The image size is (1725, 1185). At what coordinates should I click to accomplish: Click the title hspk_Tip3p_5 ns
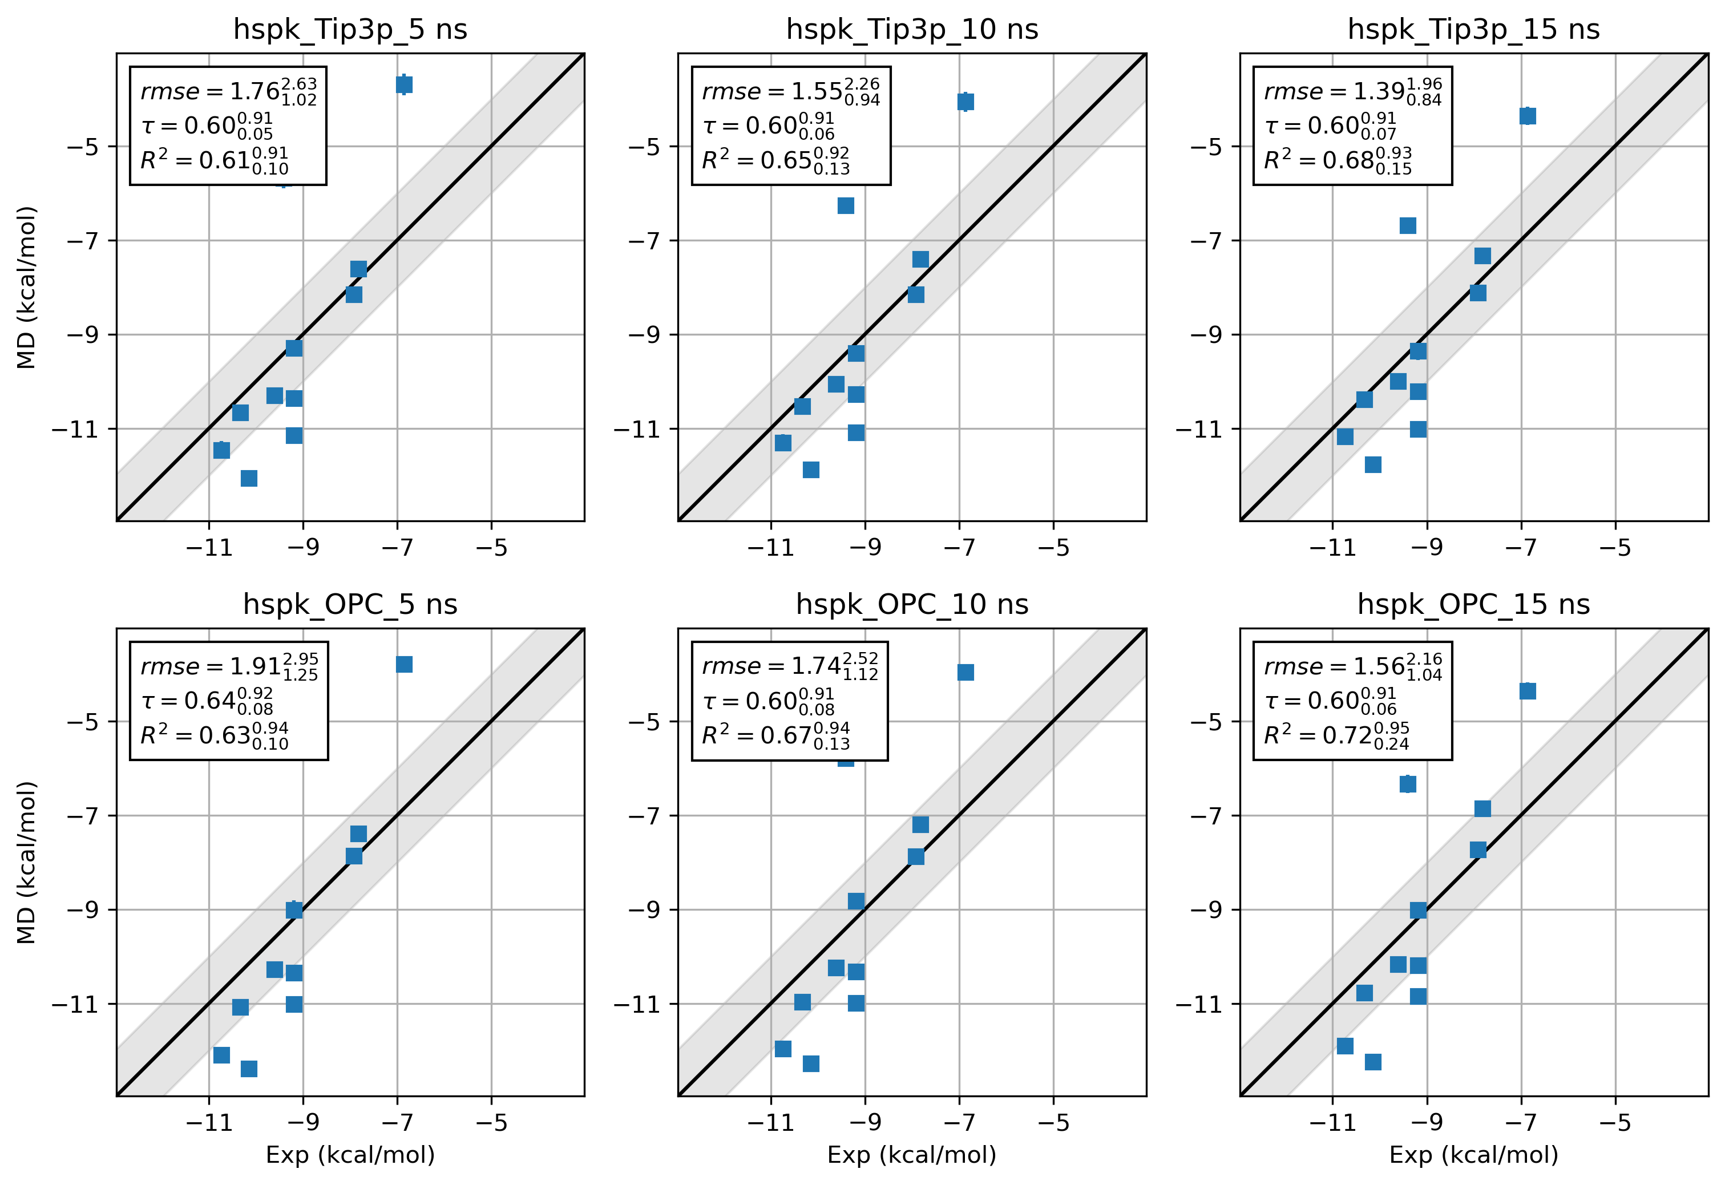[x=350, y=30]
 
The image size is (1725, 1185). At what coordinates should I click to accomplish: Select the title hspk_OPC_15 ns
[x=1473, y=604]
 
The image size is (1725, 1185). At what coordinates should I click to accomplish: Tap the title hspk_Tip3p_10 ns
[x=912, y=30]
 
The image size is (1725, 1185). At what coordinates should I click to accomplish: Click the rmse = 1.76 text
[x=228, y=91]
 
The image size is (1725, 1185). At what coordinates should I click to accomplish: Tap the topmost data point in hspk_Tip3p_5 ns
[x=404, y=84]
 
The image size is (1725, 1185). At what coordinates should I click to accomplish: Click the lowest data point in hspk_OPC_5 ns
[x=249, y=1069]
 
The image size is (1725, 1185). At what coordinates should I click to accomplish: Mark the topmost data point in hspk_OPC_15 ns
[x=1528, y=691]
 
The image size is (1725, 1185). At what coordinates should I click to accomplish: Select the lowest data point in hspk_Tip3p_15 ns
[x=1373, y=465]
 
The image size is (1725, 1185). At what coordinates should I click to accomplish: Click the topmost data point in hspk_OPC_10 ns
[x=965, y=672]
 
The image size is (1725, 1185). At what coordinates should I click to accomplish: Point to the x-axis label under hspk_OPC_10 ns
[x=912, y=1155]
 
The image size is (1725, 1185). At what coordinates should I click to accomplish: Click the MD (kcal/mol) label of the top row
[x=27, y=288]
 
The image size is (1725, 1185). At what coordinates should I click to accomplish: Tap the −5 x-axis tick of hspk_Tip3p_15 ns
[x=1614, y=548]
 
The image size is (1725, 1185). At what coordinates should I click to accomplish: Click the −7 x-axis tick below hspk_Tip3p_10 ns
[x=959, y=548]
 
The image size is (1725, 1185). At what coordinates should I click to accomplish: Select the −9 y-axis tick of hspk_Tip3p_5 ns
[x=82, y=335]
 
